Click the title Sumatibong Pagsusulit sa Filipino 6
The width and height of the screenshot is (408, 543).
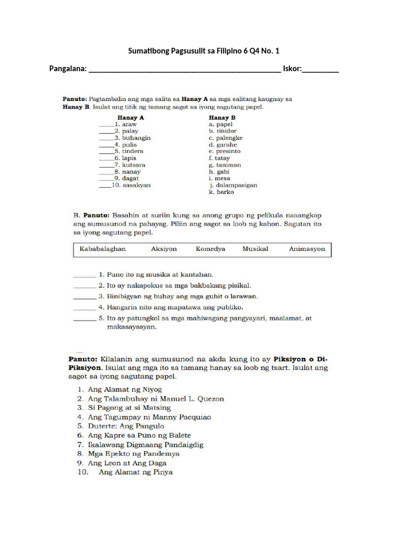point(203,51)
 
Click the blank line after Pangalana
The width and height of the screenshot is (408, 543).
point(184,69)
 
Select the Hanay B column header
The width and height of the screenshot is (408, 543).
point(222,117)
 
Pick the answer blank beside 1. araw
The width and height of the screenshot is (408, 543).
point(106,125)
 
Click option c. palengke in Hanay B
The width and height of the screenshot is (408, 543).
point(225,138)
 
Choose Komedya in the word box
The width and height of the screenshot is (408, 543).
point(210,249)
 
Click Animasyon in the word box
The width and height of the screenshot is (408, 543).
point(307,249)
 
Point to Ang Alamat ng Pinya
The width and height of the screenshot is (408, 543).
point(135,472)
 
